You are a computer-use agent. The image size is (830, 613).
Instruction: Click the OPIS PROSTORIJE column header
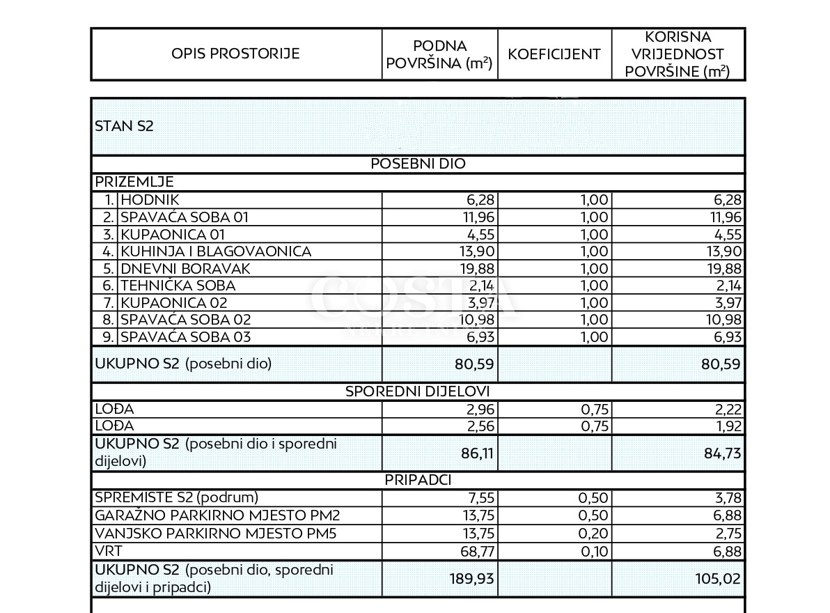pos(235,54)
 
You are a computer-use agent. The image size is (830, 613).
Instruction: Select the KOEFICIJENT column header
pos(554,54)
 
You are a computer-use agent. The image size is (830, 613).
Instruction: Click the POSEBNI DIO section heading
pos(418,164)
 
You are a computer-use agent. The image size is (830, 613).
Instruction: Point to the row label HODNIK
pos(150,201)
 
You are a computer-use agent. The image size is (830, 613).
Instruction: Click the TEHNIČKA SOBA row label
pos(178,286)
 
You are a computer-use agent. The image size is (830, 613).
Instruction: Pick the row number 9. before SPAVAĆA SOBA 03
pos(108,337)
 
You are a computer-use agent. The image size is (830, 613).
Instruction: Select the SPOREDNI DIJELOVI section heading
pos(418,391)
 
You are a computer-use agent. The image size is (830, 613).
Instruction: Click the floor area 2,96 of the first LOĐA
pos(477,410)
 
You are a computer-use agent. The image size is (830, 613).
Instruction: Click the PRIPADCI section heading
pos(418,481)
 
